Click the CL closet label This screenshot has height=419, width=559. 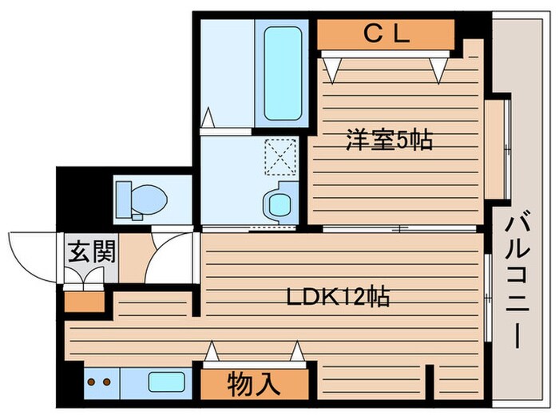point(386,34)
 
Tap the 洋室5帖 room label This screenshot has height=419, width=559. point(388,140)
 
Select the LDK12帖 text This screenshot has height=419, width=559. point(338,298)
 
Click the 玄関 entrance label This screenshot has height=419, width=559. point(91,251)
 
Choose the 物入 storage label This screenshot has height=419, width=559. point(253,384)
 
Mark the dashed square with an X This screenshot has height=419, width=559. point(280,156)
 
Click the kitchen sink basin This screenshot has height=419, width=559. point(165,381)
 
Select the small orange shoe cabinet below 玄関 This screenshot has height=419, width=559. point(83,302)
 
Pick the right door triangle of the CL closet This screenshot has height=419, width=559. point(436,69)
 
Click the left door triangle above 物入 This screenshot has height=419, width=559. point(212,351)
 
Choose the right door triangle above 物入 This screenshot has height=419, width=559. point(297,351)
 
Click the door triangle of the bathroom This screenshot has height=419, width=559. point(208,118)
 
